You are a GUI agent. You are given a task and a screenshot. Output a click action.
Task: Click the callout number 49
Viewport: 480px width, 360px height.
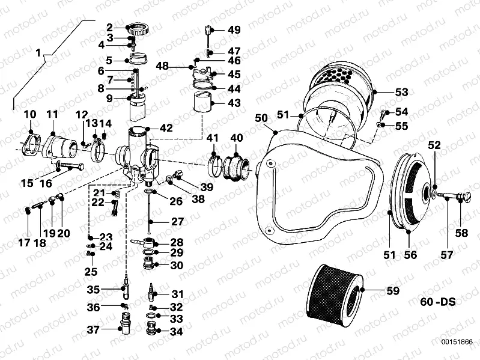[234, 30]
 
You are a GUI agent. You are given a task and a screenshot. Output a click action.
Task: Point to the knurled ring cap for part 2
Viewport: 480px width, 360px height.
[139, 28]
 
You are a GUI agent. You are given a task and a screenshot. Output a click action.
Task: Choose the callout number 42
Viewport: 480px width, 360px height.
[165, 127]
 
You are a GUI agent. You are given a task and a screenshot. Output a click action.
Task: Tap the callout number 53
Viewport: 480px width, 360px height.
[401, 92]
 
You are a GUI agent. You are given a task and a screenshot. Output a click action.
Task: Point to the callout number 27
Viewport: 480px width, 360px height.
[177, 221]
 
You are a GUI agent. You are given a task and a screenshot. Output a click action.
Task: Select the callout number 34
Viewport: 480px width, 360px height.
[177, 331]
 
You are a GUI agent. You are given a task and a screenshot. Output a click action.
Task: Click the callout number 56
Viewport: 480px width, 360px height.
[410, 255]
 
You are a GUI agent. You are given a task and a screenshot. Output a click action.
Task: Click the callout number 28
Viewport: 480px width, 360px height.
[177, 242]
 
